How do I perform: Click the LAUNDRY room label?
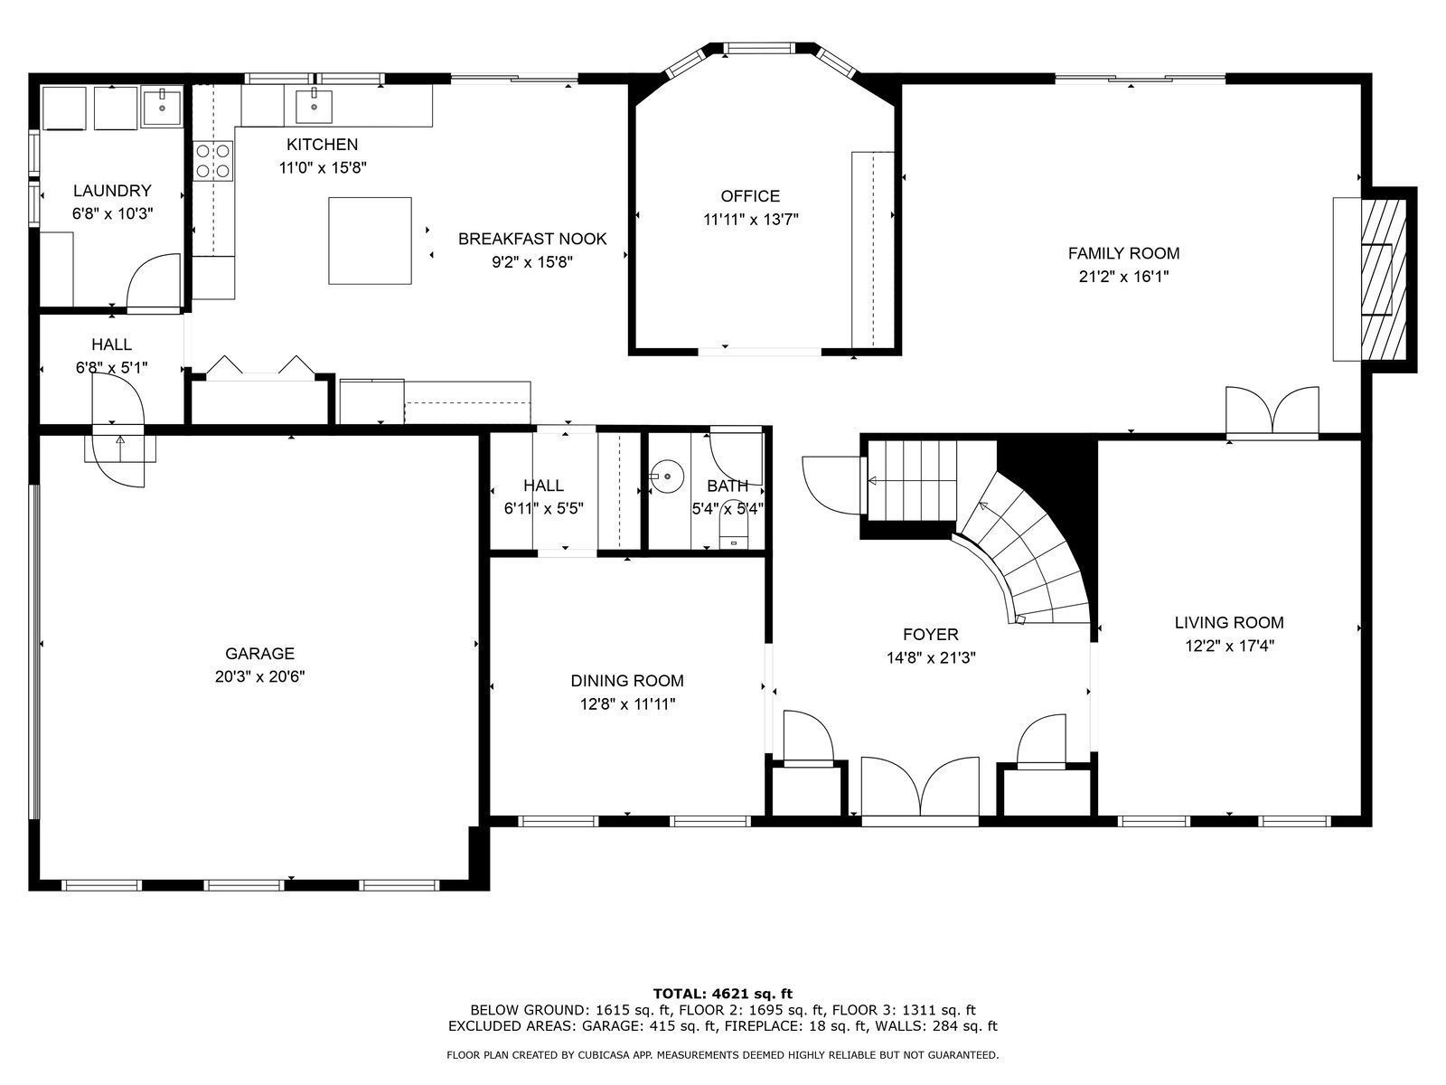click(112, 191)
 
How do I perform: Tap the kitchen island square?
click(370, 241)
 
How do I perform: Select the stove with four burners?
click(213, 160)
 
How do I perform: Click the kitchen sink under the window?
click(314, 106)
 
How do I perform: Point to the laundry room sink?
click(162, 107)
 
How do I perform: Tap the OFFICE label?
click(750, 196)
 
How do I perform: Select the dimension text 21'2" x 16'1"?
click(1123, 277)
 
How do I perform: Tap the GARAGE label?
click(259, 654)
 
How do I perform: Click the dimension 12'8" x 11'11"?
click(627, 704)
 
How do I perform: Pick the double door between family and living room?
click(1272, 411)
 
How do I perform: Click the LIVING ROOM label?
click(1229, 622)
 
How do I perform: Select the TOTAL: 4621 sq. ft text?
click(723, 994)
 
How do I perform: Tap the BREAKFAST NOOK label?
click(532, 239)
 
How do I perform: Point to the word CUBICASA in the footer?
click(615, 1055)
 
